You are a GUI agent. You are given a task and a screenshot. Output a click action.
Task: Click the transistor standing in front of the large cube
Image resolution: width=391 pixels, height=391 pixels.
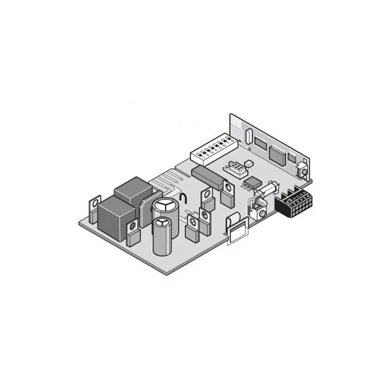132,234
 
